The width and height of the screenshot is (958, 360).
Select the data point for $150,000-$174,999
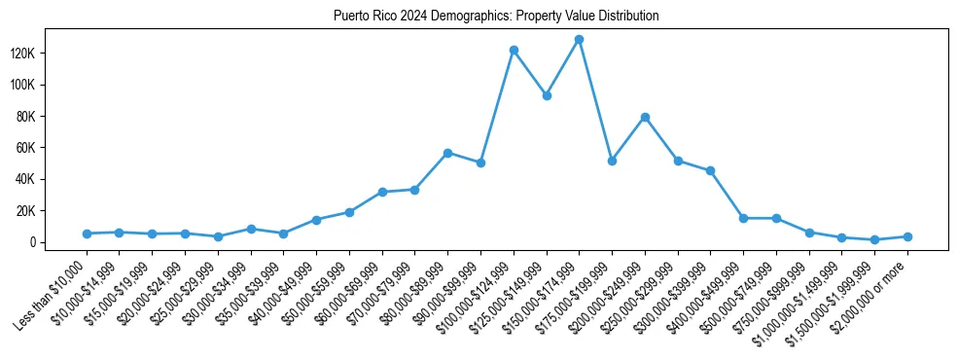pyautogui.click(x=579, y=40)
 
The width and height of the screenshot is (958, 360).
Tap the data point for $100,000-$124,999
pyautogui.click(x=514, y=50)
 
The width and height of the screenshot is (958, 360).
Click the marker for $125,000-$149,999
pyautogui.click(x=547, y=95)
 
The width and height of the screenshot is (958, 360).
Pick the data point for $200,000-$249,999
pyautogui.click(x=645, y=117)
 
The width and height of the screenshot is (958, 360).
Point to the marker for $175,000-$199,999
pyautogui.click(x=612, y=161)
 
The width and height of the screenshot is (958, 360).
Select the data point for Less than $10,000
pyautogui.click(x=87, y=234)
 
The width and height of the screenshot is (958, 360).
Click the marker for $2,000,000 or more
pyautogui.click(x=907, y=236)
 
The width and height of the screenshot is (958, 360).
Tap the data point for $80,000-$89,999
pyautogui.click(x=447, y=153)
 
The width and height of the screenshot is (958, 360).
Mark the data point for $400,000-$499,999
pyautogui.click(x=743, y=218)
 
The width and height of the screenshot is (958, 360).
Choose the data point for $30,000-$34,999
pyautogui.click(x=251, y=229)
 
